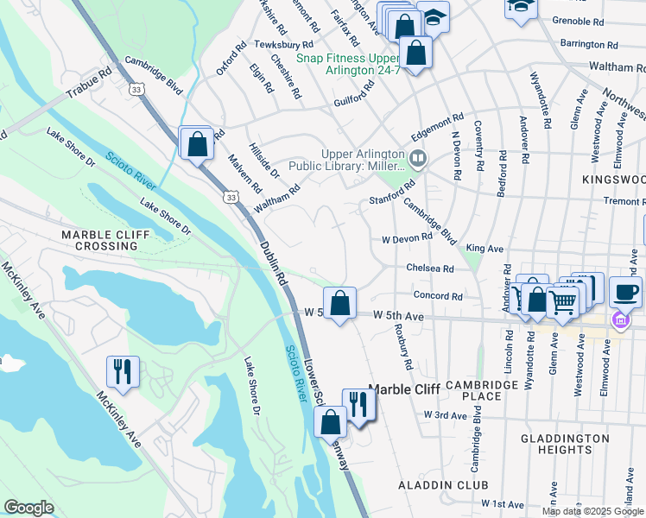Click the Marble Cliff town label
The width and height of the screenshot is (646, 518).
pos(404,389)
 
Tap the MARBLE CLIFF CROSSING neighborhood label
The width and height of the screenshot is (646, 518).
pos(104,240)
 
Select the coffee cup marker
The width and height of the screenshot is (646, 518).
pos(625,292)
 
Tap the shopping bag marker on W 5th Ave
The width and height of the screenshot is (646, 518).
pos(340,303)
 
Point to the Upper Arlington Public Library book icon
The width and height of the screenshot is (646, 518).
pos(418,158)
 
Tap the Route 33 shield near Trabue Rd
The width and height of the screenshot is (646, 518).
pos(136,88)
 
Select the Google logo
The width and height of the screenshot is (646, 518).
pos(28,508)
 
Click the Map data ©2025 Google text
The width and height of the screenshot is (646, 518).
pos(592,511)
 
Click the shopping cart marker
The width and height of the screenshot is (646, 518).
pos(563,302)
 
